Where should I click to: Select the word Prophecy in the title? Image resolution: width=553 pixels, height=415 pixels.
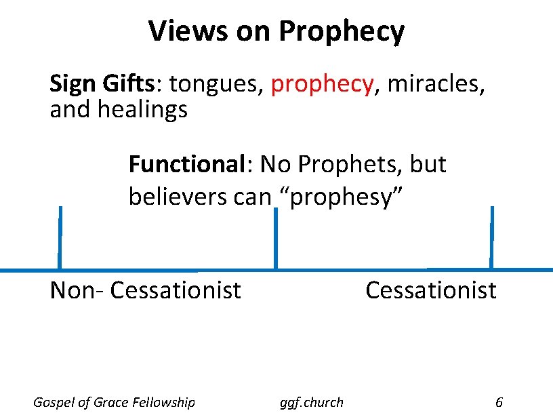click(x=342, y=32)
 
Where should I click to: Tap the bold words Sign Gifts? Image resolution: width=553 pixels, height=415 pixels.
click(x=102, y=84)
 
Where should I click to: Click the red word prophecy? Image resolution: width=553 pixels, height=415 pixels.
click(x=322, y=85)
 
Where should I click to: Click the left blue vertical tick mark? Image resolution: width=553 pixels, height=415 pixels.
click(x=60, y=237)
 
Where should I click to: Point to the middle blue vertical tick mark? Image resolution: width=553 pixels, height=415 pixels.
click(x=275, y=238)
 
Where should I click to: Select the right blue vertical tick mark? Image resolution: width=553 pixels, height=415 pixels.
click(x=491, y=237)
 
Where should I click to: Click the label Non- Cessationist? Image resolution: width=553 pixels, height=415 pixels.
click(x=146, y=290)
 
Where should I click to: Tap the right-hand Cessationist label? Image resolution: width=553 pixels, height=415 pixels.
click(x=430, y=290)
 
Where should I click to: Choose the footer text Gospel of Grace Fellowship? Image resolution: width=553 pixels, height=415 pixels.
click(x=114, y=402)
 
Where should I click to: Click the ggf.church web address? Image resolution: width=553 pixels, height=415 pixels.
click(x=312, y=402)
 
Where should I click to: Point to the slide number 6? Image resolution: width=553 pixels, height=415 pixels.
click(x=499, y=402)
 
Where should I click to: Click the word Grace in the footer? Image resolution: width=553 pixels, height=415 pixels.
click(x=118, y=402)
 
